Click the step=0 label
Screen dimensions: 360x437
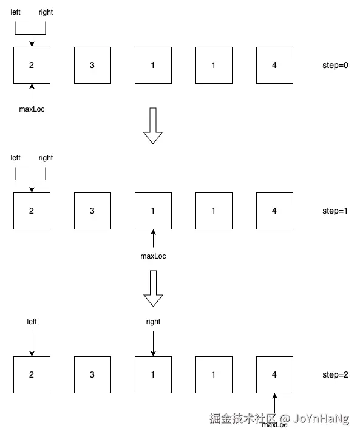point(335,65)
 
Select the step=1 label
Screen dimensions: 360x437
point(335,211)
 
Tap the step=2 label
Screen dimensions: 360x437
point(335,375)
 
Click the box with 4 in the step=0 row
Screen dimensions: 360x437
point(274,65)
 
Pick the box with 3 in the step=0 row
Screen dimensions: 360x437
point(92,65)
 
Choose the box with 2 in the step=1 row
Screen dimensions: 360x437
point(32,211)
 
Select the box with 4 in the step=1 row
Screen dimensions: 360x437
point(274,211)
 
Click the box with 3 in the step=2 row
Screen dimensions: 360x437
point(92,375)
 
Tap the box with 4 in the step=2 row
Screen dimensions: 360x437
point(274,375)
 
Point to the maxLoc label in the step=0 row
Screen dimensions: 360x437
point(32,109)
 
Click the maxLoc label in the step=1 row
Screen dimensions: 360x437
point(153,256)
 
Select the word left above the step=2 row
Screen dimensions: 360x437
point(32,322)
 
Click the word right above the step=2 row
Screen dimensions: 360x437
point(153,322)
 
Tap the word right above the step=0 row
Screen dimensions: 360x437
point(46,12)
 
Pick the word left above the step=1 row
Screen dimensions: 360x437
point(15,158)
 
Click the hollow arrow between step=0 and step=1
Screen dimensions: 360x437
point(153,126)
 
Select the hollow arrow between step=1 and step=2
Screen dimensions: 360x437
point(153,288)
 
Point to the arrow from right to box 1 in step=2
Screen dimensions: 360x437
point(153,344)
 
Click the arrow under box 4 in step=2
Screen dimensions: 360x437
point(274,404)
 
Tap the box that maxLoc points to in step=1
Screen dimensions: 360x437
point(153,211)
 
